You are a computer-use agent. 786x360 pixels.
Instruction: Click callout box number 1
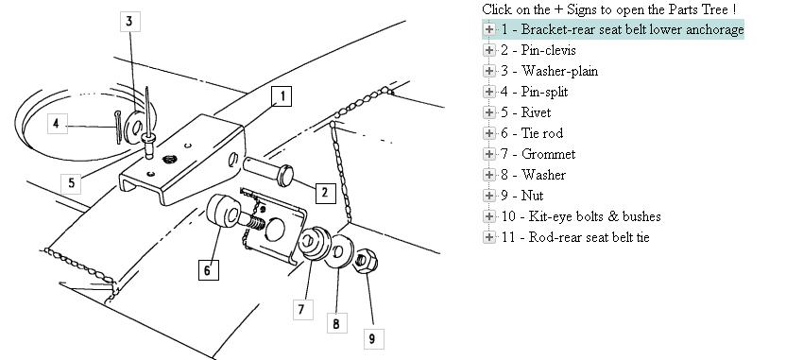(x=282, y=96)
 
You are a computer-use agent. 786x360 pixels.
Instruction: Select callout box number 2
(x=325, y=193)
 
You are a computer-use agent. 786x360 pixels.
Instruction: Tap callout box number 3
(x=129, y=22)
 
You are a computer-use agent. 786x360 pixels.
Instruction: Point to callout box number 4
(x=57, y=124)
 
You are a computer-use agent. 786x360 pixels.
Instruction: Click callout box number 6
(x=208, y=270)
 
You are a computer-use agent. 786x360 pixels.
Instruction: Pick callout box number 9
(x=373, y=339)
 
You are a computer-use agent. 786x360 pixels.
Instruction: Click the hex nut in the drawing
(x=365, y=261)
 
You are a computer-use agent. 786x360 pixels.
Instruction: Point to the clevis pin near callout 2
(x=269, y=170)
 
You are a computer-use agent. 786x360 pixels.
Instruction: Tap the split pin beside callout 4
(x=118, y=127)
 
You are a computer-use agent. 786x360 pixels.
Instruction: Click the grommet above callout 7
(x=314, y=243)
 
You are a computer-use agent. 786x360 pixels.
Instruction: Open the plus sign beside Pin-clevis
(x=488, y=50)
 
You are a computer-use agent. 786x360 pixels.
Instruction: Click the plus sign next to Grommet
(x=488, y=154)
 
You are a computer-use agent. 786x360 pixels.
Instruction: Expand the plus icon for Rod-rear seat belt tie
(x=488, y=237)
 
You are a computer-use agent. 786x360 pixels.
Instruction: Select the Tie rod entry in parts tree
(x=532, y=133)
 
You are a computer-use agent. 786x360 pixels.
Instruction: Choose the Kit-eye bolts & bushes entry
(x=581, y=216)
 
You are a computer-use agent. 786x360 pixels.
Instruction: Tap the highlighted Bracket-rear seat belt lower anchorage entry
(x=622, y=29)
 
